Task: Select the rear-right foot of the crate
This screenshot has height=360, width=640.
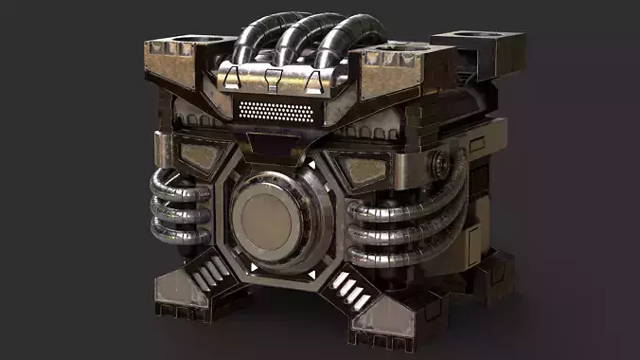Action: [491, 276]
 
